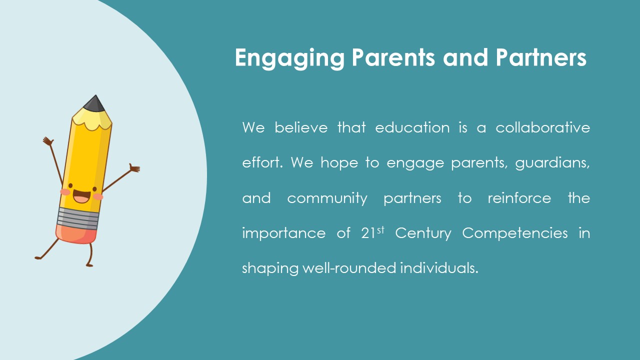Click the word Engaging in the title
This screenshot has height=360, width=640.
[x=289, y=58]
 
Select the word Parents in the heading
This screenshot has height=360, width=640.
[x=393, y=57]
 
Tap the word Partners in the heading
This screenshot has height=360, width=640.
[x=541, y=57]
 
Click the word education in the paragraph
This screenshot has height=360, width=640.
[x=412, y=127]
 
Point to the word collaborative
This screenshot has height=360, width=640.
[x=543, y=127]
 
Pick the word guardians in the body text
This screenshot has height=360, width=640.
[x=552, y=163]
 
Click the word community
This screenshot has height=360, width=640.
[x=327, y=198]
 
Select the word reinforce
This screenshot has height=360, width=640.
[x=519, y=198]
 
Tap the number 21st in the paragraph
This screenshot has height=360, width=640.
[x=372, y=233]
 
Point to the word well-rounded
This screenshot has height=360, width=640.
[x=349, y=268]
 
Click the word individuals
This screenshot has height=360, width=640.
[x=439, y=268]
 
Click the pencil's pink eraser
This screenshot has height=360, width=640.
[x=76, y=234]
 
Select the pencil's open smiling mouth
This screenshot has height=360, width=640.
[x=81, y=196]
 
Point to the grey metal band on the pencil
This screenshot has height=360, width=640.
[x=77, y=218]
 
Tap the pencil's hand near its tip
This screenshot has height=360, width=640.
[x=48, y=141]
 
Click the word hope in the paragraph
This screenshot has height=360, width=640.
[x=339, y=163]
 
